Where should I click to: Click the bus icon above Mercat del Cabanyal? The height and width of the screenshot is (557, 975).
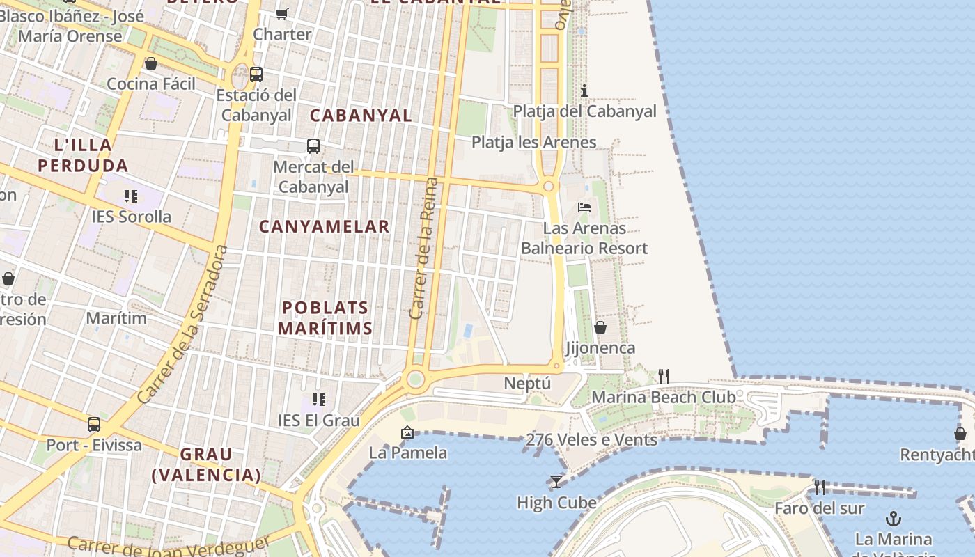coord(313,146)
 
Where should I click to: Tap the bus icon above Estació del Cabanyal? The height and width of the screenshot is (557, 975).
coord(256,74)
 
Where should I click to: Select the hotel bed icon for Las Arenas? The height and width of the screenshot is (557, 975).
coord(584,207)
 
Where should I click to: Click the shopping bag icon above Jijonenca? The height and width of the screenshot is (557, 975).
coord(600,327)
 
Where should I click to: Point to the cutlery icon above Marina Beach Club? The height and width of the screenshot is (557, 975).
coord(664,377)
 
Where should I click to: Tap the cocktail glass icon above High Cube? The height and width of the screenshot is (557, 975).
coord(556,482)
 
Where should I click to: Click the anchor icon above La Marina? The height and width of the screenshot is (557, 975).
coord(893,519)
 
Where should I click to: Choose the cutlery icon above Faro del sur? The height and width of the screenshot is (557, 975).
coord(820,487)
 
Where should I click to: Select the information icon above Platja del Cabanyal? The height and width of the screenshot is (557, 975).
coord(584,91)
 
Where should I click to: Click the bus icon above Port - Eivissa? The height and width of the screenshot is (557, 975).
coord(94,424)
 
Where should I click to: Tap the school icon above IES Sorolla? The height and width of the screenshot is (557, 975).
coord(131,196)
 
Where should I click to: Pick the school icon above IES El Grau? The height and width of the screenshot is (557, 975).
coord(319,400)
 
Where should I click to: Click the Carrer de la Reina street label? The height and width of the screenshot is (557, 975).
coord(424,249)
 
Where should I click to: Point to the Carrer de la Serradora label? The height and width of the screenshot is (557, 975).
coord(182,324)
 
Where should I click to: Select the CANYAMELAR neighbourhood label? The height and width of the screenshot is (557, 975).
coord(325,226)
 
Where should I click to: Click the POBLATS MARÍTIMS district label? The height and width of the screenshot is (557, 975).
coord(325,317)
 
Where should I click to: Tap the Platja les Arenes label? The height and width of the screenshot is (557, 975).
coord(533,143)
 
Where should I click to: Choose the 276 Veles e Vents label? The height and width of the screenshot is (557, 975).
coord(591,440)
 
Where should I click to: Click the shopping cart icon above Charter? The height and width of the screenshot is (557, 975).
coord(282,14)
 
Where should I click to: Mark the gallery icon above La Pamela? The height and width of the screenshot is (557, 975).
coord(407,433)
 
